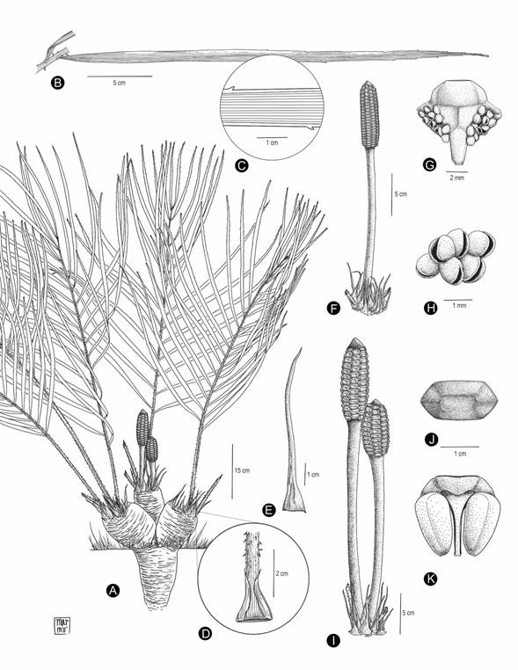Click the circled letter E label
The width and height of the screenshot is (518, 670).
tap(270, 508)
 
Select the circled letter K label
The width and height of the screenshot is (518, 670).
tap(431, 579)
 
